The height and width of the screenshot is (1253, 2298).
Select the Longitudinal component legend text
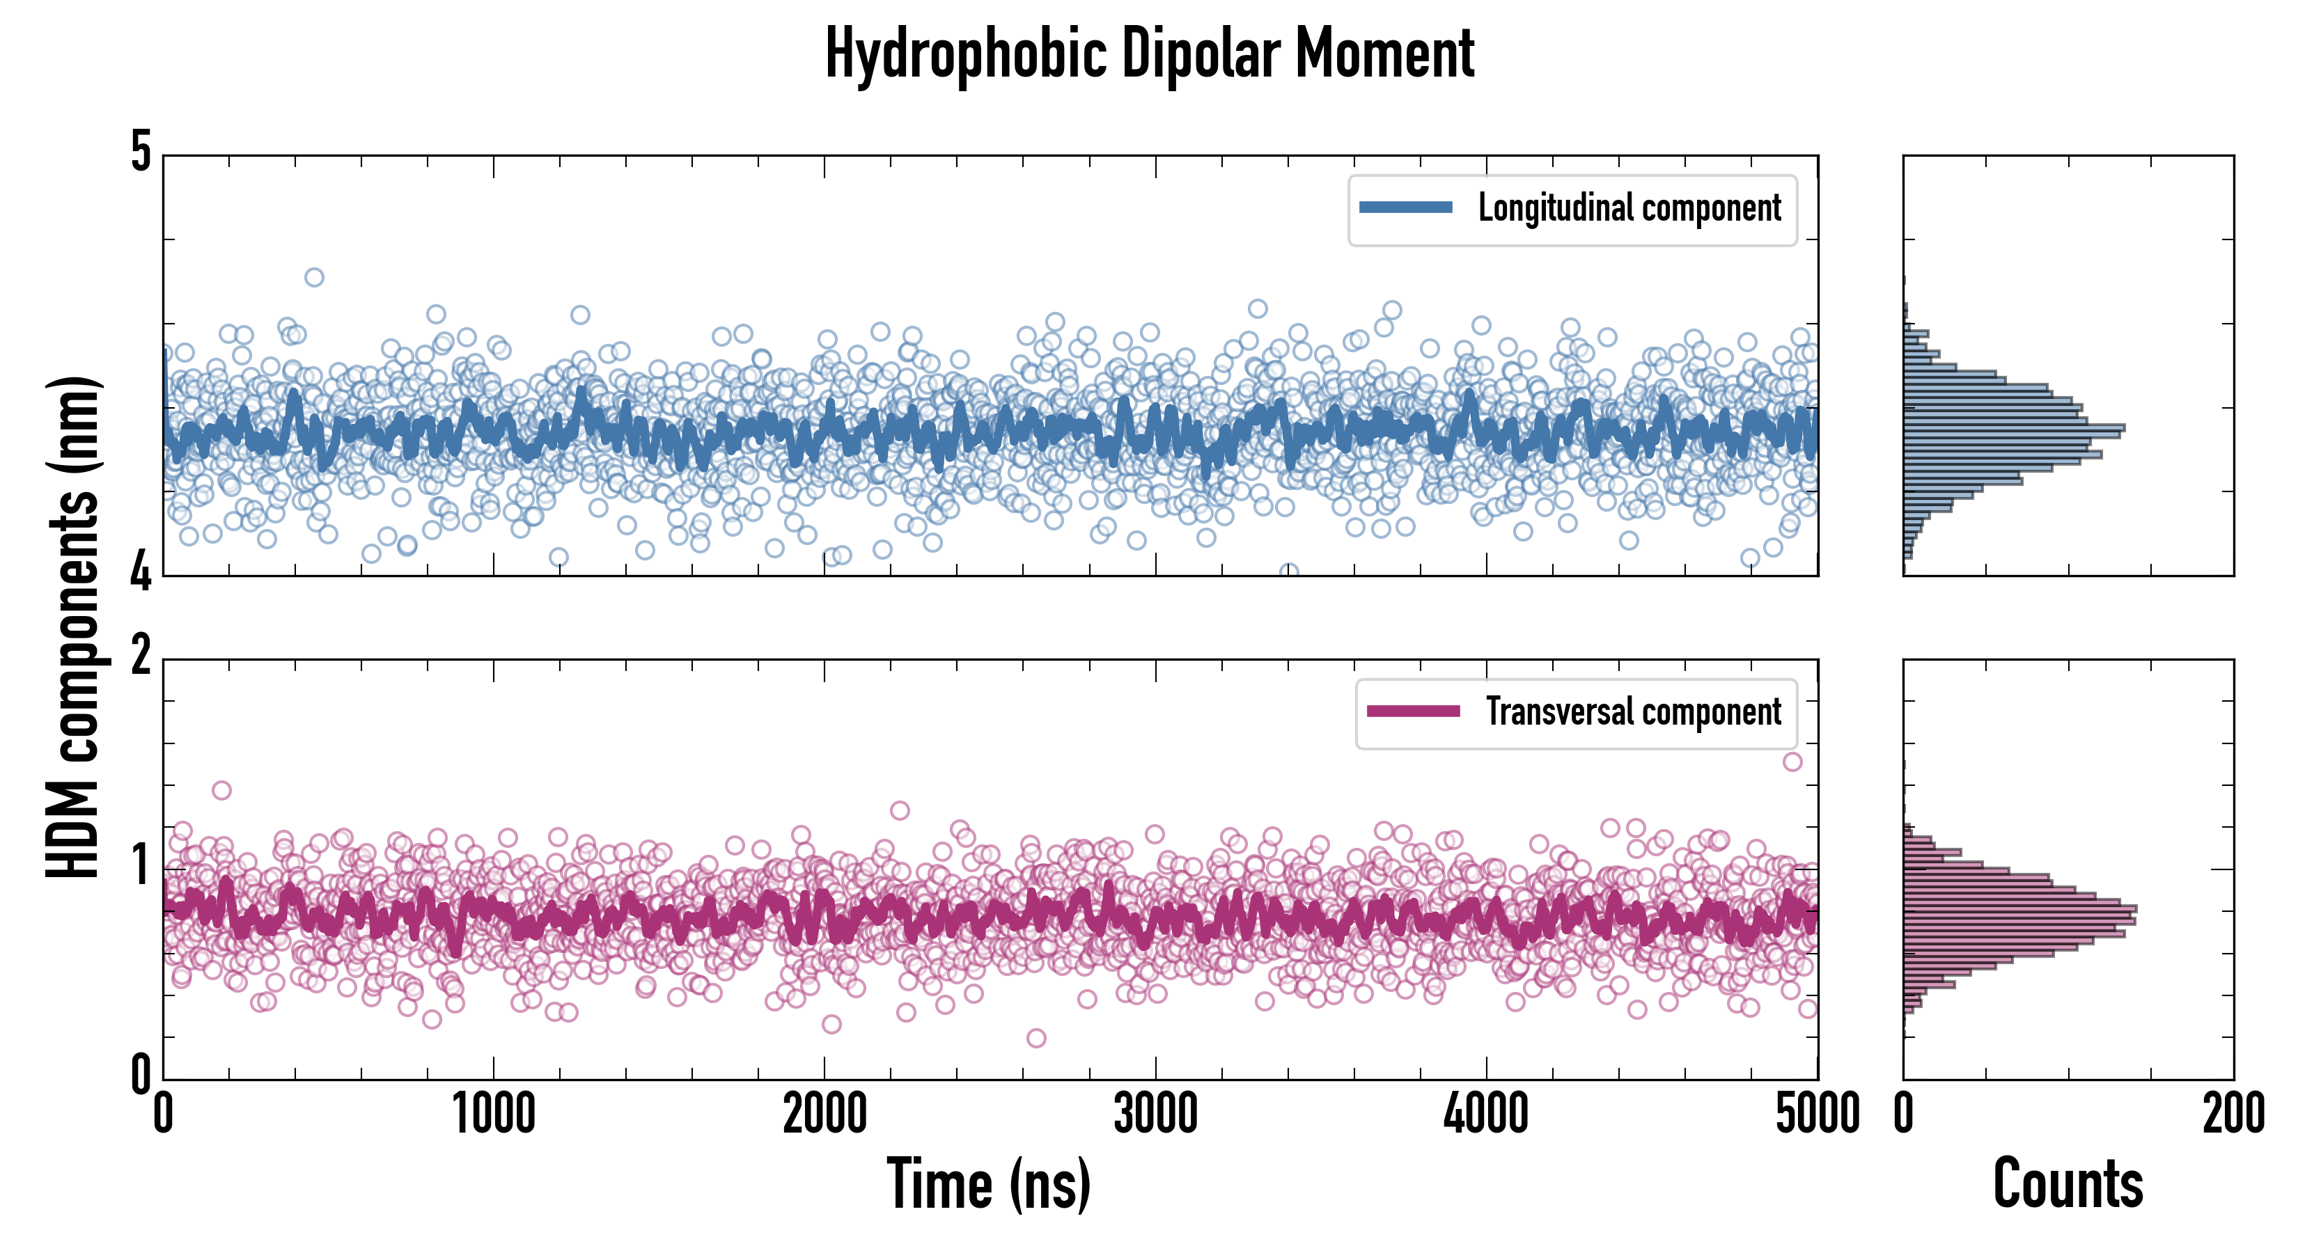tap(1629, 209)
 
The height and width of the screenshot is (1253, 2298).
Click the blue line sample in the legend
tap(1405, 208)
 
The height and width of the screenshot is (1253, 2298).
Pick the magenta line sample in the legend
tap(1413, 711)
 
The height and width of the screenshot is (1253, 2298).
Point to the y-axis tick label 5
tap(141, 152)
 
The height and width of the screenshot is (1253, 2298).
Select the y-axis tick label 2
tap(141, 656)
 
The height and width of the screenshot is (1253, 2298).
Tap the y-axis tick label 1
tap(141, 865)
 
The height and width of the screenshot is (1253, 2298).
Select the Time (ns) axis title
tap(988, 1184)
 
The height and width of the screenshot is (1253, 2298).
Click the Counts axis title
tap(2068, 1184)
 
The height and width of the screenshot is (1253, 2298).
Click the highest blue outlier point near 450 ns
tap(314, 277)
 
